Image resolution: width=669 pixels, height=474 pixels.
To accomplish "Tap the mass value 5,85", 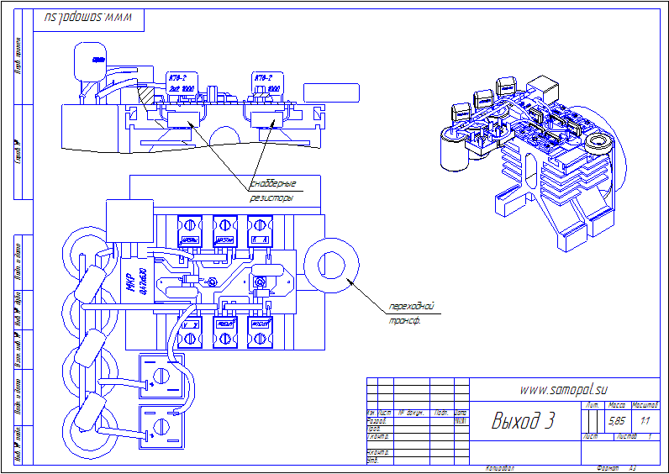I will point(616,421).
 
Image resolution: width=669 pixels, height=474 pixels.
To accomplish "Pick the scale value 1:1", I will point(645,421).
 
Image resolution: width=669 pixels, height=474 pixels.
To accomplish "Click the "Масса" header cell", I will point(617,406).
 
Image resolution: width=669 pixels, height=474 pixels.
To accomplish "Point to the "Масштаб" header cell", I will point(645,406).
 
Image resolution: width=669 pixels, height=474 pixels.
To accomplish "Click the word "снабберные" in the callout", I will point(274,184).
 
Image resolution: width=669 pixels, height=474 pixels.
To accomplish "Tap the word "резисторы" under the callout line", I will point(271,200).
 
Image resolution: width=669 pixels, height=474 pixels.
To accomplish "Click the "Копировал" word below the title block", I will point(500,468).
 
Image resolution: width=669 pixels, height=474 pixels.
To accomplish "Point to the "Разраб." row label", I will point(377,421).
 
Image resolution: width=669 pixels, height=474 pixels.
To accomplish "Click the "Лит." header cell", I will point(591,406).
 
